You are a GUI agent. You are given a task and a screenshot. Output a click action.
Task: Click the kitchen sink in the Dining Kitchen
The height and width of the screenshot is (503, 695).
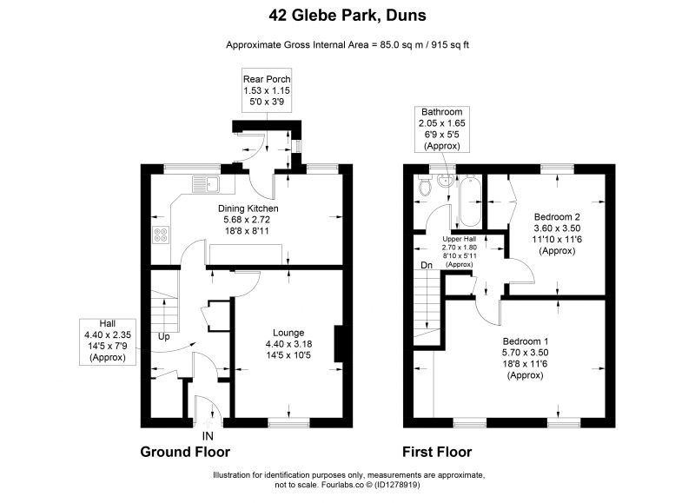206,184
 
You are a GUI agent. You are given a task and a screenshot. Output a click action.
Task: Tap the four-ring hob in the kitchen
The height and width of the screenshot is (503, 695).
161,235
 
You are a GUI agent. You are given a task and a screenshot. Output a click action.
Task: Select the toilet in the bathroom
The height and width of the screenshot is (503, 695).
425,186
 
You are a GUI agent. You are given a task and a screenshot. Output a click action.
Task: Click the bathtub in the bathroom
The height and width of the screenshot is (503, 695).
470,201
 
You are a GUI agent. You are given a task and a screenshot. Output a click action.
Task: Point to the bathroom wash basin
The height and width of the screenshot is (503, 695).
444,182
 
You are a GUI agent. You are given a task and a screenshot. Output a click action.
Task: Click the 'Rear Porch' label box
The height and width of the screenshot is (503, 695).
267,90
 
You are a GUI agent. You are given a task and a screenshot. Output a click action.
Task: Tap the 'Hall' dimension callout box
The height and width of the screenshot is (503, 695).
108,341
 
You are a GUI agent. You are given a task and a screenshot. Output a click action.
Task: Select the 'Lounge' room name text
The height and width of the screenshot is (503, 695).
288,333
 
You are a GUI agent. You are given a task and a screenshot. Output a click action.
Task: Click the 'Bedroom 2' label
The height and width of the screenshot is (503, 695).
557,217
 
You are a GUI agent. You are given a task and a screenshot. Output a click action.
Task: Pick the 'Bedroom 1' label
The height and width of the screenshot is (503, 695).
526,341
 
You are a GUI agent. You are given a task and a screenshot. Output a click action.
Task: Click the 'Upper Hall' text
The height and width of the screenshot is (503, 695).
460,239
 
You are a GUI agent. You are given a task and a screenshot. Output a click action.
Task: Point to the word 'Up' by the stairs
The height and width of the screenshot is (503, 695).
163,337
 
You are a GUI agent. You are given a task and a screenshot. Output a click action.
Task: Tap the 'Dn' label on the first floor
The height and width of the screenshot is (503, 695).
427,266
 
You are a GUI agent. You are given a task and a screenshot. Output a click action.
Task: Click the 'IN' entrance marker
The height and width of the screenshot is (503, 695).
208,436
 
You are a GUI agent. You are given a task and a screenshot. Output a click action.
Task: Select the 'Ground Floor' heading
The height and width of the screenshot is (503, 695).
185,452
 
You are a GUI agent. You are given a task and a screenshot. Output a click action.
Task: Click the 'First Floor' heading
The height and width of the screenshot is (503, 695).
437,452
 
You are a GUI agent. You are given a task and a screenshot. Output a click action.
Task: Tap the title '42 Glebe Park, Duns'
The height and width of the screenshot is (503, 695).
347,16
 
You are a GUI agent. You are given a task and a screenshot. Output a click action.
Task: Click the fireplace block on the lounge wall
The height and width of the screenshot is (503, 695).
338,344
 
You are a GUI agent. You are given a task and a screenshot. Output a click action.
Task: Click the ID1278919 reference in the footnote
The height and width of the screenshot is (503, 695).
397,485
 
